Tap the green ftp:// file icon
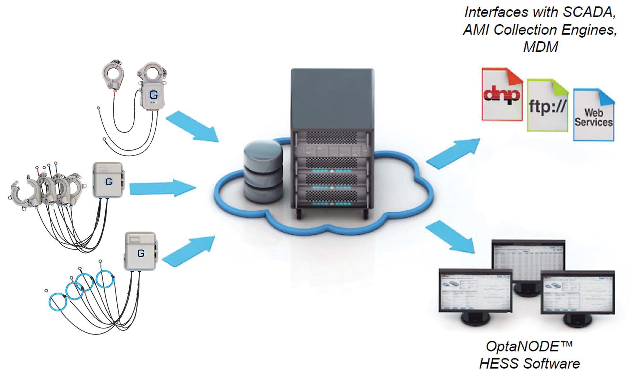[x=547, y=106]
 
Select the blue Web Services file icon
[x=594, y=115]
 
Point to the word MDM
[x=540, y=47]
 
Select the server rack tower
[x=332, y=145]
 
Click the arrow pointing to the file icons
[x=453, y=152]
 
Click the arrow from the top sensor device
[x=193, y=127]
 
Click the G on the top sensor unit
[x=153, y=95]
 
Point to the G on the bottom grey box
[x=141, y=253]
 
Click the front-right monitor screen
[x=577, y=293]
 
